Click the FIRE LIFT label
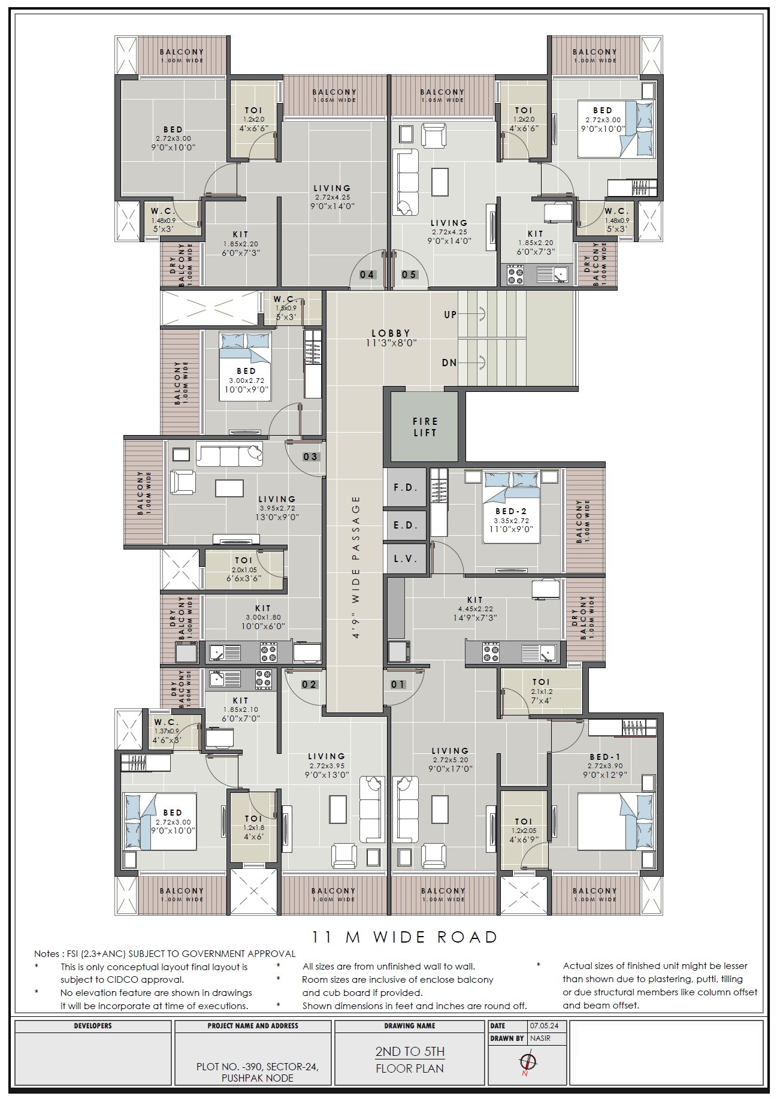click(x=425, y=427)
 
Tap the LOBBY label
click(x=391, y=333)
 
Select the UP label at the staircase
click(x=450, y=315)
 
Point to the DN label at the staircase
click(x=449, y=363)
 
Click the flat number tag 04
click(x=367, y=274)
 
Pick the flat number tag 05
click(x=409, y=274)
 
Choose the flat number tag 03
click(x=310, y=457)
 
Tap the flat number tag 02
click(x=309, y=684)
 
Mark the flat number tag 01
click(x=398, y=684)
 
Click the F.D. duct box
click(x=406, y=487)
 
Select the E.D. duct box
click(x=406, y=525)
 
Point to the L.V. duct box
click(x=406, y=558)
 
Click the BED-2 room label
click(x=510, y=511)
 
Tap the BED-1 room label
click(x=604, y=757)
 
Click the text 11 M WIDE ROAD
click(x=405, y=937)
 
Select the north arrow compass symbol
click(x=528, y=1062)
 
